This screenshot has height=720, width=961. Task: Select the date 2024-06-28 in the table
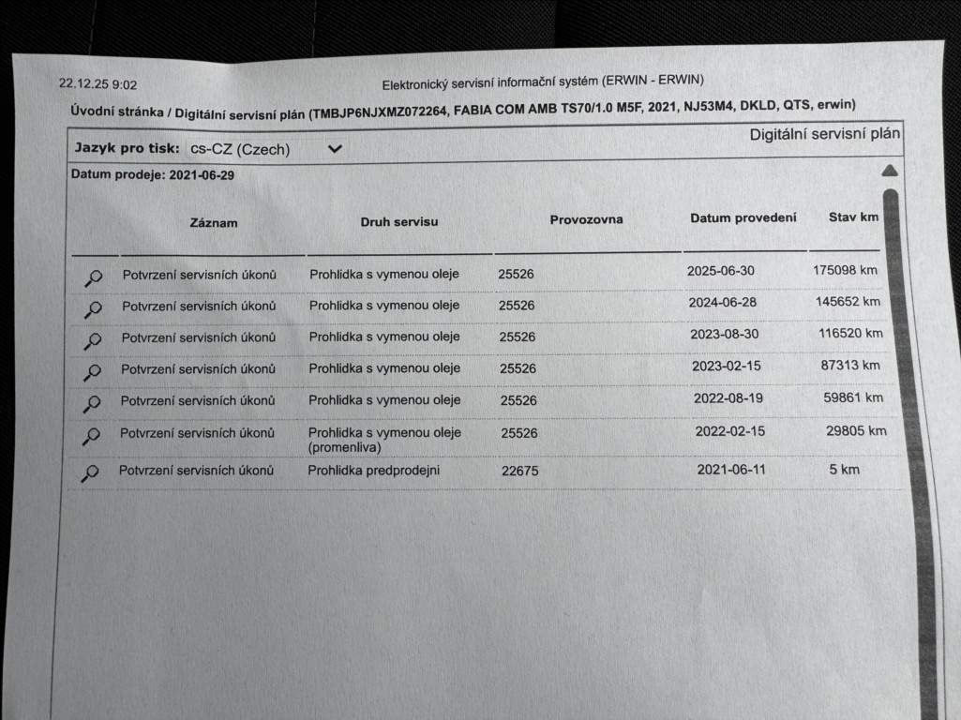pyautogui.click(x=721, y=302)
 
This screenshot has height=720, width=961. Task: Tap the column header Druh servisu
pyautogui.click(x=398, y=222)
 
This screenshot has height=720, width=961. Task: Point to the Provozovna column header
pyautogui.click(x=586, y=219)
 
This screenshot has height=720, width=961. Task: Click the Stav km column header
pyautogui.click(x=853, y=217)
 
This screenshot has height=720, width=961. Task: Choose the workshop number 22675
pyautogui.click(x=519, y=472)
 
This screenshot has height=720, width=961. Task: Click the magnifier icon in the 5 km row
pyautogui.click(x=90, y=473)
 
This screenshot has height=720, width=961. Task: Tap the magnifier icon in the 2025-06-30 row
pyautogui.click(x=94, y=277)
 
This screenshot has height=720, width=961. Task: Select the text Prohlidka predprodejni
pyautogui.click(x=373, y=471)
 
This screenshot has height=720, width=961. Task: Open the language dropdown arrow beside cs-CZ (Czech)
pyautogui.click(x=335, y=148)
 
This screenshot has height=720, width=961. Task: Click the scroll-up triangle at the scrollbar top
pyautogui.click(x=890, y=171)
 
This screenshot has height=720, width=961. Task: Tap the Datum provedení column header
pyautogui.click(x=743, y=217)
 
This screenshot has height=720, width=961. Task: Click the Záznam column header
pyautogui.click(x=214, y=223)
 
